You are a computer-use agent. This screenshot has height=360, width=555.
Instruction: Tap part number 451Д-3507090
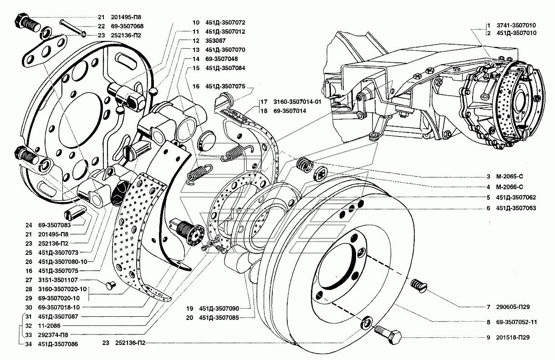pyautogui.click(x=223, y=308)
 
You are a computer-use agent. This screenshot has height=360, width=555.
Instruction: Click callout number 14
pyautogui.click(x=196, y=59)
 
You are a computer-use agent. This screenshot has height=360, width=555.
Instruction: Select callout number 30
pyautogui.click(x=28, y=308)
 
